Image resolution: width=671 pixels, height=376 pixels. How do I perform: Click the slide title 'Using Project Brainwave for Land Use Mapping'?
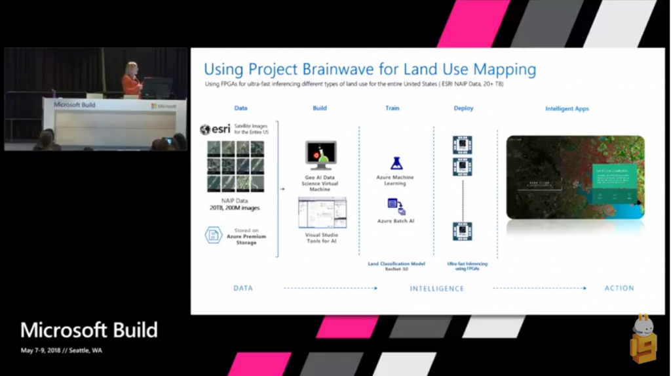(370, 70)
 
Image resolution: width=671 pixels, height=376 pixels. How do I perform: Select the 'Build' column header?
(319, 108)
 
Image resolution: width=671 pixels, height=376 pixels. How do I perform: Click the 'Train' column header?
(392, 108)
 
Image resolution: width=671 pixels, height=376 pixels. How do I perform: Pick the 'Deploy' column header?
(463, 108)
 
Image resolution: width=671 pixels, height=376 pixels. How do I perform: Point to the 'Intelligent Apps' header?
(567, 108)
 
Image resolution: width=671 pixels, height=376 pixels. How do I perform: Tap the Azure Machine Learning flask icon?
(395, 163)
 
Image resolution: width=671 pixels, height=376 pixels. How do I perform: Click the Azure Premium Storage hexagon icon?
(213, 235)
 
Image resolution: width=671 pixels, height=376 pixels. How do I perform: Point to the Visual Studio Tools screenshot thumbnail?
(322, 213)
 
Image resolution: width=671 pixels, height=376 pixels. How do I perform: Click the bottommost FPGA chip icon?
(463, 232)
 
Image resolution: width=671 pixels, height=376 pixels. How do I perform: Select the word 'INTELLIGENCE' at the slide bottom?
(436, 288)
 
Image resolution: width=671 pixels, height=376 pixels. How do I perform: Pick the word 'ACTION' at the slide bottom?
(619, 288)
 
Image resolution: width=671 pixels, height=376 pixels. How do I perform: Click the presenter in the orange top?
(131, 81)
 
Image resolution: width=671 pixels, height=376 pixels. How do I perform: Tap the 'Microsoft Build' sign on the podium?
(75, 104)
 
